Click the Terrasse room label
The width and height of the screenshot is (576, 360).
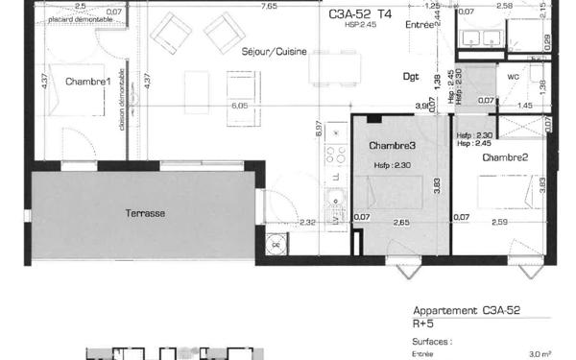pos(144,212)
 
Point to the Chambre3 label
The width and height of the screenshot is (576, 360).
pos(393,145)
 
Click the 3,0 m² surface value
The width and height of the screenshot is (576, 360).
pos(542,353)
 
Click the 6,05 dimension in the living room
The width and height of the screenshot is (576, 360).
pos(239,106)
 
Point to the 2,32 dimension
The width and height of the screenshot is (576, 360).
pos(308,224)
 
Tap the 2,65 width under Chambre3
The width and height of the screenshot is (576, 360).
pos(401,224)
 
